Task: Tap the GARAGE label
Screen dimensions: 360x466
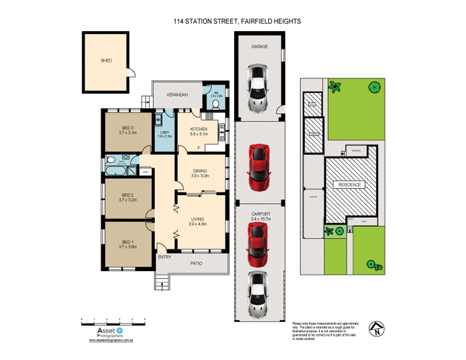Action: (x=259, y=46)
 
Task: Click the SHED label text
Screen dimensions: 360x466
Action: (x=106, y=61)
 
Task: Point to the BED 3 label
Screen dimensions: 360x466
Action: (x=127, y=128)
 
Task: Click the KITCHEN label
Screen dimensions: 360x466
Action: (x=199, y=129)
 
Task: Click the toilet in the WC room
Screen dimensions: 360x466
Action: (x=216, y=105)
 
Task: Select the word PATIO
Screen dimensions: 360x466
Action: (x=195, y=262)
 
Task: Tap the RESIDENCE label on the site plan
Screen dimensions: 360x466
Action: (x=349, y=185)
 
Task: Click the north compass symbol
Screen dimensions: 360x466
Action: (x=377, y=327)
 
